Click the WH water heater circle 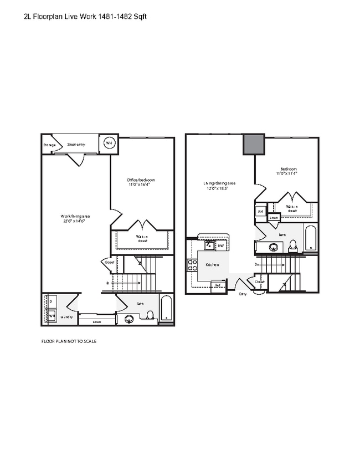(109, 144)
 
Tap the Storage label (50, 145)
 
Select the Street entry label (76, 144)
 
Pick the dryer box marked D (51, 301)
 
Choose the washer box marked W (51, 316)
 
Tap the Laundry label (68, 317)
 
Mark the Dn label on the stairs (257, 265)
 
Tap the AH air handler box (260, 212)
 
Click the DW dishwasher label (220, 245)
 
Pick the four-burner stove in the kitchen (192, 265)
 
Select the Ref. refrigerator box (218, 285)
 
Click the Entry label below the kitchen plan (243, 294)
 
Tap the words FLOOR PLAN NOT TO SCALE (69, 341)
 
